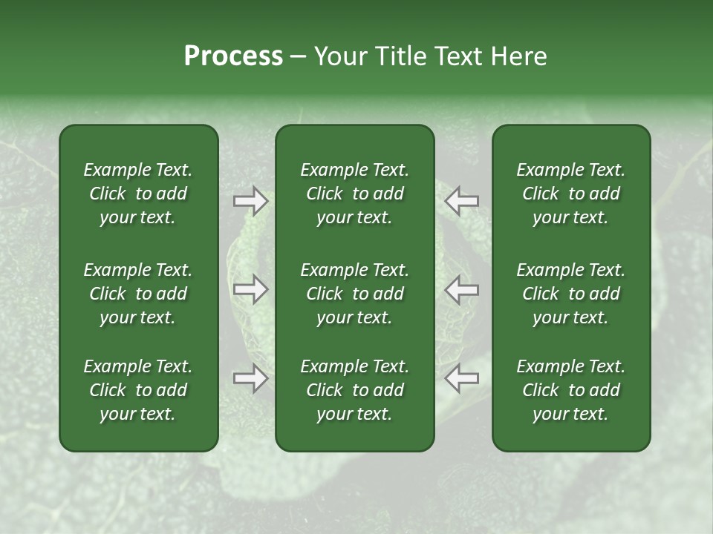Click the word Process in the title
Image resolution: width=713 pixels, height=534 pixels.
tap(233, 56)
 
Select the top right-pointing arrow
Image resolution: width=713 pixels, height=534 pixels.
tap(250, 201)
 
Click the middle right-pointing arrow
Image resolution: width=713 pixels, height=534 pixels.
tap(250, 289)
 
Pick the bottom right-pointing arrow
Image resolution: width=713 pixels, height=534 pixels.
tap(250, 378)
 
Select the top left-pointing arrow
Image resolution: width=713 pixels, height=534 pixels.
tap(461, 201)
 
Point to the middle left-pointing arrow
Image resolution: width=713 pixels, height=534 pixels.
tap(461, 289)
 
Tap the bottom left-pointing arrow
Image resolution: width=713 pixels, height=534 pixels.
tap(461, 378)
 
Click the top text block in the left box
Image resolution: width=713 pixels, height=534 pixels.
tap(138, 194)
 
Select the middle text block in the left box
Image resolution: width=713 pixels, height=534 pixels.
tap(138, 294)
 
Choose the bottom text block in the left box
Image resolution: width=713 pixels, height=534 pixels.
tap(138, 390)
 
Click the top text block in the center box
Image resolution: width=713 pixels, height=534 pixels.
tap(354, 194)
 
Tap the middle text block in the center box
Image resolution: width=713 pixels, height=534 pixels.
tap(354, 294)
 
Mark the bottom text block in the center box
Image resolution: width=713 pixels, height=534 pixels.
tap(354, 390)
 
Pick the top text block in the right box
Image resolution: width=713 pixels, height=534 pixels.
tap(570, 194)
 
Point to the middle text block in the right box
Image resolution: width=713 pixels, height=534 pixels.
tap(570, 294)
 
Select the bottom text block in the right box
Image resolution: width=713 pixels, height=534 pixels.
tap(570, 390)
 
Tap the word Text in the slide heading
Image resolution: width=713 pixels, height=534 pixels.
tap(457, 56)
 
